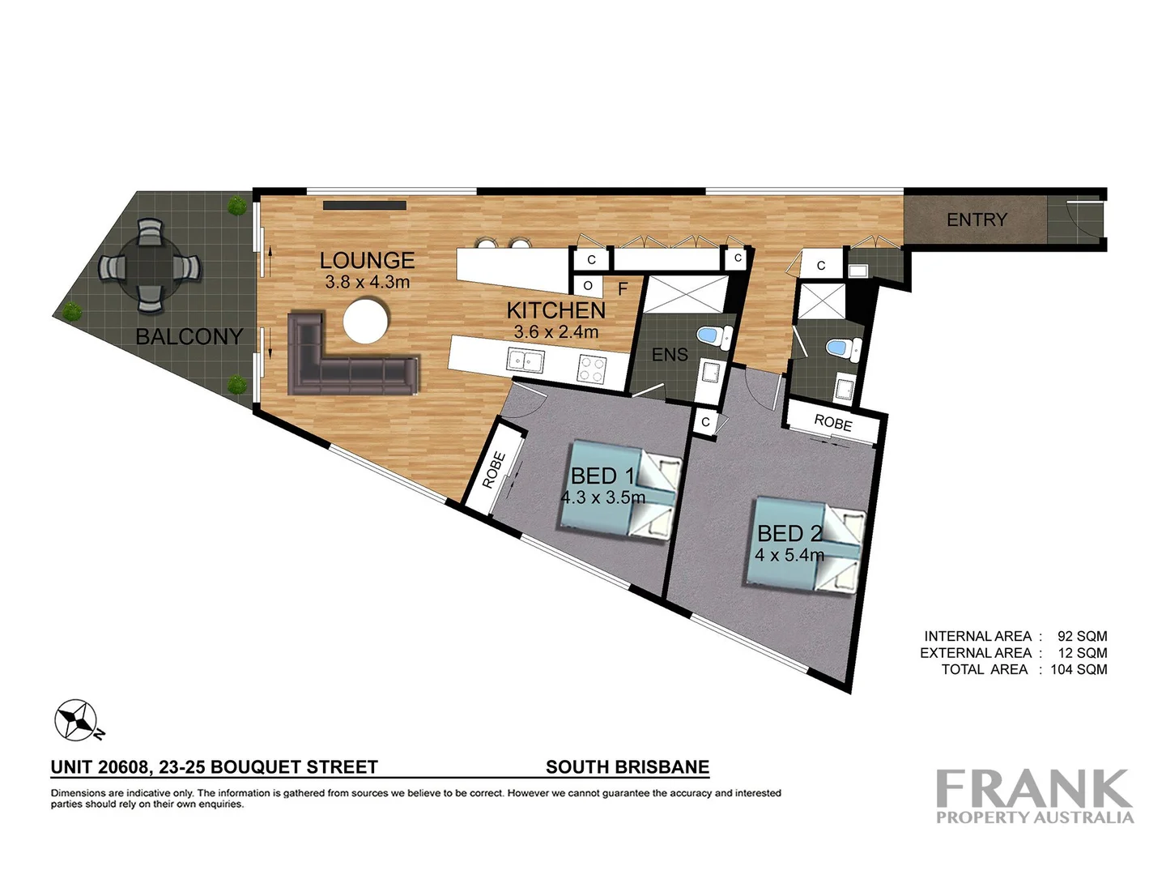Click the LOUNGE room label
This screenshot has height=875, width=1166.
(367, 260)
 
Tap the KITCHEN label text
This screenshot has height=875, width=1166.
(555, 310)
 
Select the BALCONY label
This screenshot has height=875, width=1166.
(189, 336)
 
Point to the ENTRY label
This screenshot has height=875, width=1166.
(977, 220)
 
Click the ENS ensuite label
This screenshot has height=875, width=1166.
(670, 355)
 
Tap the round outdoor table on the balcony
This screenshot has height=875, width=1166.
(149, 266)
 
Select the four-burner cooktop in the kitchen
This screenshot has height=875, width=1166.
(591, 369)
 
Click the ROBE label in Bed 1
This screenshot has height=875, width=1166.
(493, 470)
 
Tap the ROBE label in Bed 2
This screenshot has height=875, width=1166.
(832, 423)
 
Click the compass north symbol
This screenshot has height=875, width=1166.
(76, 720)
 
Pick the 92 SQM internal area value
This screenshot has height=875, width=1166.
(1082, 637)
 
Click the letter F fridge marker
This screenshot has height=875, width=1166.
(623, 288)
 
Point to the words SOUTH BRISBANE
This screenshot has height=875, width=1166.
(628, 767)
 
